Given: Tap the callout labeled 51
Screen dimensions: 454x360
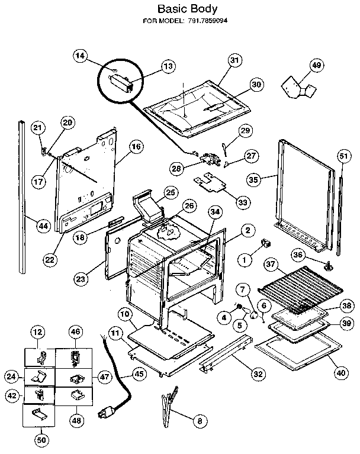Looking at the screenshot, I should coord(343,156).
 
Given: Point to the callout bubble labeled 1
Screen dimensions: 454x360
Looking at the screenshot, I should coord(242,258).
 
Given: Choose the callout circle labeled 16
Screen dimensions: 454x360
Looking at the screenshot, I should coord(136,147).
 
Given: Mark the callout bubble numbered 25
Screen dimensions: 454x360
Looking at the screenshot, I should coord(171,192).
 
